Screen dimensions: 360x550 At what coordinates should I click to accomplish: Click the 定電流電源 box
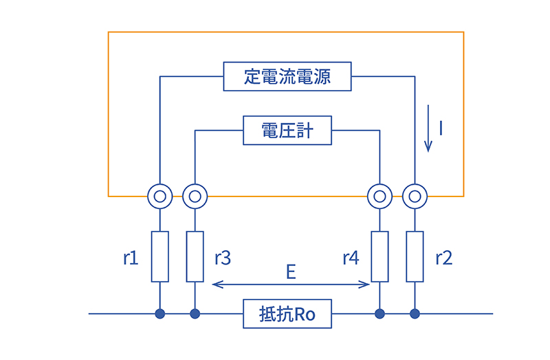(x=287, y=76)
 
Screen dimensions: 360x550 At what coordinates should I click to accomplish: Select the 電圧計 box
(x=287, y=131)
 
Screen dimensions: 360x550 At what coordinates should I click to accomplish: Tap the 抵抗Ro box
(x=287, y=315)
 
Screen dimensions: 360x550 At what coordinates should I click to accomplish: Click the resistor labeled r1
(x=159, y=257)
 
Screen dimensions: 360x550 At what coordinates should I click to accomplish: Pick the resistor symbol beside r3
(x=195, y=257)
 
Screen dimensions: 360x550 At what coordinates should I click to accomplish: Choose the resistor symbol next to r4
(x=379, y=257)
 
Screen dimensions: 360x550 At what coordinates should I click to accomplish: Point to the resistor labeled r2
(x=415, y=257)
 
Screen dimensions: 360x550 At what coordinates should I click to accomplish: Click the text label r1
(x=131, y=258)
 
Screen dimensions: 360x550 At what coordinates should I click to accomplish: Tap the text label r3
(x=222, y=258)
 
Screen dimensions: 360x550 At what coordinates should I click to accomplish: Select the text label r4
(x=351, y=258)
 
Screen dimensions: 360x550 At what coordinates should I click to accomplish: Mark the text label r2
(x=443, y=258)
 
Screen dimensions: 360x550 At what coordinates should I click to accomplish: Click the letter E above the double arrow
(x=291, y=272)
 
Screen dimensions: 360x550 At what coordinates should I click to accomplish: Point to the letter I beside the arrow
(x=441, y=128)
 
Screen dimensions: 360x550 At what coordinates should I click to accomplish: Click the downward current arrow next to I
(x=428, y=128)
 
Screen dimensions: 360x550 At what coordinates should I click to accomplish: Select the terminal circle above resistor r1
(x=159, y=196)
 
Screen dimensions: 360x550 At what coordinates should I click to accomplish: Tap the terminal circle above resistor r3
(x=195, y=196)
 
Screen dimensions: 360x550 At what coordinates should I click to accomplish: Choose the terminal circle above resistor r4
(x=379, y=196)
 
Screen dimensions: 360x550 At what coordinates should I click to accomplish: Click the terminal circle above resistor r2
(x=415, y=196)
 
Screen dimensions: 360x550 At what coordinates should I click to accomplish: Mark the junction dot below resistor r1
(x=159, y=315)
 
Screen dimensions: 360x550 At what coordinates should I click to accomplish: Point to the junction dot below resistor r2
(x=415, y=315)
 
